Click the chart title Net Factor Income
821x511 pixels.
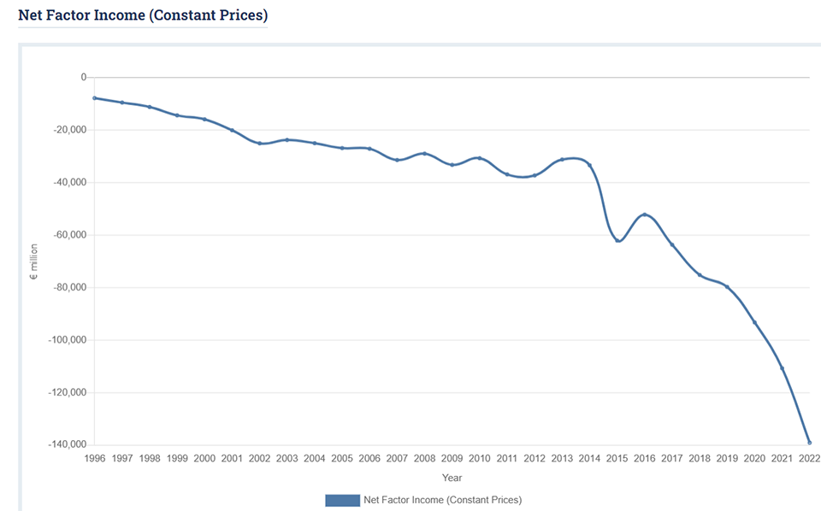tap(142, 15)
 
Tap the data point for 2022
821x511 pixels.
tap(809, 443)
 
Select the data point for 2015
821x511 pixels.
tap(617, 240)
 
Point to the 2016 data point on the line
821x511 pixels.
tap(644, 214)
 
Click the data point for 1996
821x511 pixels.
tap(95, 98)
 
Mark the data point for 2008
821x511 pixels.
tap(424, 154)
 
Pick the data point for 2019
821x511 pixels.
tap(727, 287)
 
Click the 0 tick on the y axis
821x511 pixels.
tap(84, 78)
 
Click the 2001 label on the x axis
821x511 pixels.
tap(232, 459)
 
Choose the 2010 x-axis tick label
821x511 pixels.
tap(479, 459)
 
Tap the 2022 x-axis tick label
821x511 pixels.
tap(809, 459)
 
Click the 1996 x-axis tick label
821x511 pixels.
tap(95, 459)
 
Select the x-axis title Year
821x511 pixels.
tap(452, 478)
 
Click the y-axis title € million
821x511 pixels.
tap(34, 261)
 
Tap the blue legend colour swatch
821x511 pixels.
tap(342, 500)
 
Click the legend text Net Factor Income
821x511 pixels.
tap(442, 500)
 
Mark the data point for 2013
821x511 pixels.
tap(562, 160)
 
